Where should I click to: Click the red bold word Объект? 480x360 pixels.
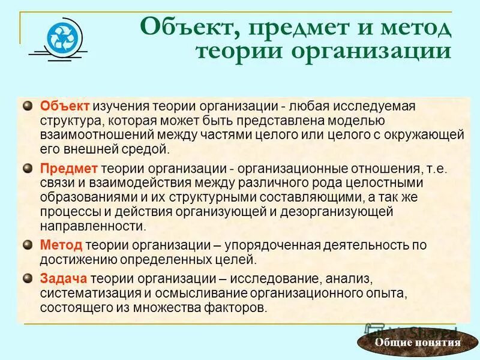[65, 106]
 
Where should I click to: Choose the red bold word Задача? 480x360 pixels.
[64, 279]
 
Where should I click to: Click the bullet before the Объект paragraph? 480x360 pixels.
[27, 106]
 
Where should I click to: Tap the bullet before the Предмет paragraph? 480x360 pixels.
[27, 168]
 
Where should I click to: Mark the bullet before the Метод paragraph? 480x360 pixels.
[27, 245]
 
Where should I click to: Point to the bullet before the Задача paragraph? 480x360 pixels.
[27, 278]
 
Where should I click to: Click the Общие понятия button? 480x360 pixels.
[417, 343]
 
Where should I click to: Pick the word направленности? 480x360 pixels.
[92, 226]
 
